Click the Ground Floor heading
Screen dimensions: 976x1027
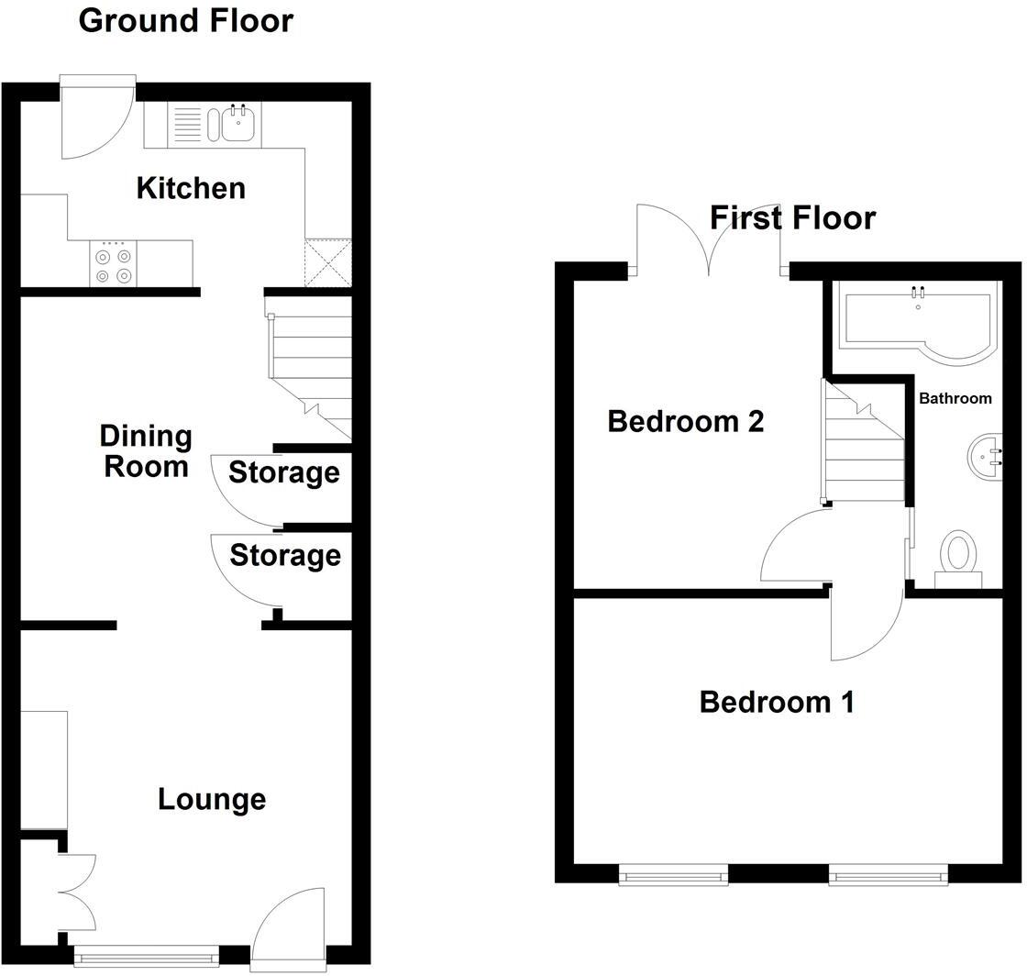point(186,20)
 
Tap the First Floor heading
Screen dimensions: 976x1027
point(793,217)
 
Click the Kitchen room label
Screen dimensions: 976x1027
point(191,188)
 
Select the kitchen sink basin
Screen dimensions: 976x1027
point(237,124)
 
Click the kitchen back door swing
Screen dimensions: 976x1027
point(94,119)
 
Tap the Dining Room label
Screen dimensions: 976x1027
point(146,450)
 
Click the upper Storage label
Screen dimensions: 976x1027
point(283,472)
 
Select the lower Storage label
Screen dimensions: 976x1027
point(284,555)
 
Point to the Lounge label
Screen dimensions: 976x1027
point(212,799)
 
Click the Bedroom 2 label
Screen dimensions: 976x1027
point(686,422)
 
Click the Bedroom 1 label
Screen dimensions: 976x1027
point(777,703)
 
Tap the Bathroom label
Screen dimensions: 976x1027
point(955,398)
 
